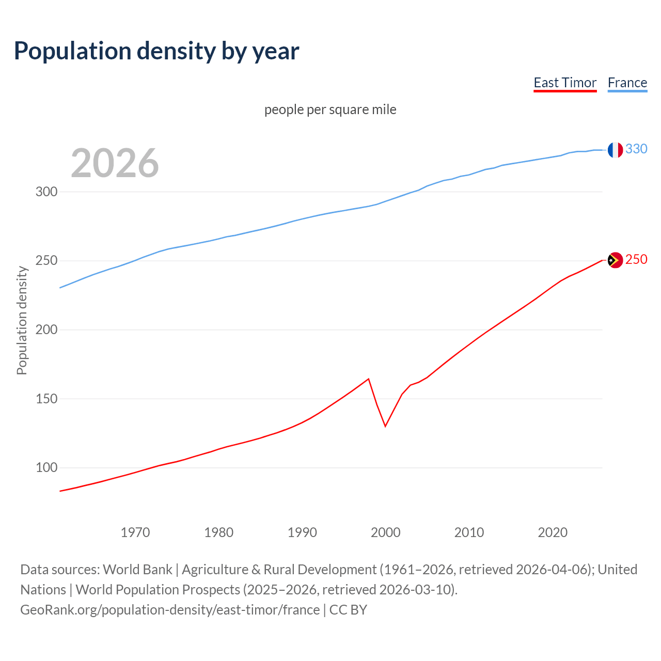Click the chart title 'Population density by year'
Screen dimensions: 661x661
point(156,51)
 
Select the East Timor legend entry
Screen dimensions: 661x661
point(565,83)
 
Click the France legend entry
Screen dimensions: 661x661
point(627,83)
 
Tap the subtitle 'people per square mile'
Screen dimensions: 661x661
point(330,109)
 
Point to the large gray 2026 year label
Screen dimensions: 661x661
point(115,163)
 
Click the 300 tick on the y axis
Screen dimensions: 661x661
point(46,192)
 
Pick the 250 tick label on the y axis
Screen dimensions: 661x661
point(46,261)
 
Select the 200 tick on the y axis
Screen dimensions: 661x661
point(46,329)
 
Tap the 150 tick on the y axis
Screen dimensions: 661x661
point(46,399)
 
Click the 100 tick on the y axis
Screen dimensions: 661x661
point(46,468)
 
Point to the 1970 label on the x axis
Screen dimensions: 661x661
point(135,532)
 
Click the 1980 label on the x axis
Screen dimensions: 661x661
point(218,532)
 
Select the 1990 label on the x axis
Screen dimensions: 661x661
point(302,532)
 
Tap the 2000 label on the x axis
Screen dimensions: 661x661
point(386,532)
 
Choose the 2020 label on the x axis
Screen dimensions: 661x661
point(553,532)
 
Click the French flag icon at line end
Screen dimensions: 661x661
point(615,150)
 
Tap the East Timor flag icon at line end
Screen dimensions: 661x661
point(615,260)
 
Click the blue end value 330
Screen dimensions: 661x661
point(636,149)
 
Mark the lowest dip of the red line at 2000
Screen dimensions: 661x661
point(385,426)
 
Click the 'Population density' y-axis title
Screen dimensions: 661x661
point(22,320)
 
